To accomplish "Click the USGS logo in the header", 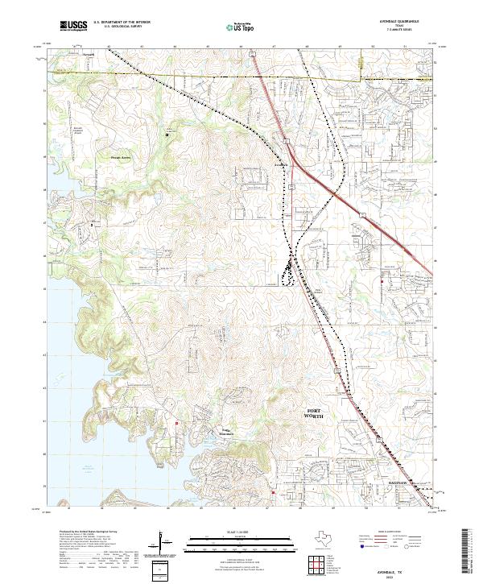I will (74, 27).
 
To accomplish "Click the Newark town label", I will (89, 55).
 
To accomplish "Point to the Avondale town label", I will (279, 165).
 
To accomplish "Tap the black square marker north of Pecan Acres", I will (167, 135).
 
